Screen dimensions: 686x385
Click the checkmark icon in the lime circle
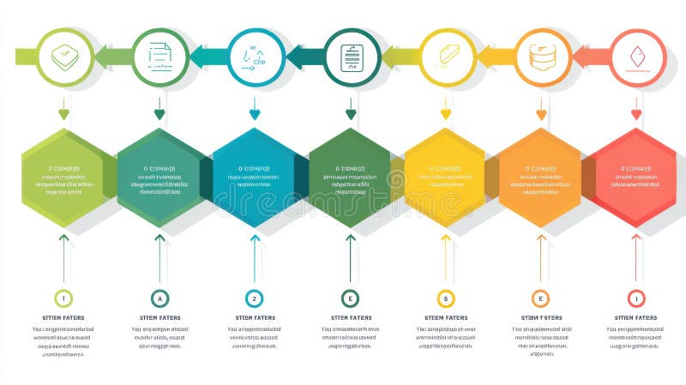[x=63, y=57]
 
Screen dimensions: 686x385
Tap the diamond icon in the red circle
[x=636, y=57]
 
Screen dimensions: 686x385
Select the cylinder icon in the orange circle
[x=541, y=57]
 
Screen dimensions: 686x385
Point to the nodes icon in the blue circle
[x=255, y=57]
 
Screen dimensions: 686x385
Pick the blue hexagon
[x=255, y=178]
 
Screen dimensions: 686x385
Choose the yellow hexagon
[x=445, y=178]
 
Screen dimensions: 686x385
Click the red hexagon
[x=635, y=178]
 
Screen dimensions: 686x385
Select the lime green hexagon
[x=63, y=178]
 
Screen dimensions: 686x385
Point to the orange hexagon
[x=540, y=178]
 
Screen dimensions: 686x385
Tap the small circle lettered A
[x=159, y=298]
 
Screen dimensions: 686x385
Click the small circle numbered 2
[x=254, y=298]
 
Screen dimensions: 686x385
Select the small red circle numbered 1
[x=635, y=298]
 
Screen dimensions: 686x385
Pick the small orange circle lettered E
[x=540, y=298]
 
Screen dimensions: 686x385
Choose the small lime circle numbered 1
[x=63, y=298]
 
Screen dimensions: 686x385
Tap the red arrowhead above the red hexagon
[x=636, y=114]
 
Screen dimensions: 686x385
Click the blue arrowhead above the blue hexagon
[x=255, y=114]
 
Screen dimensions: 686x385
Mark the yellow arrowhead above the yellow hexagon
[x=446, y=114]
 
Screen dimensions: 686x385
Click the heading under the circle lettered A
[x=159, y=318]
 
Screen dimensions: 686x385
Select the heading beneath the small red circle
[x=635, y=318]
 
